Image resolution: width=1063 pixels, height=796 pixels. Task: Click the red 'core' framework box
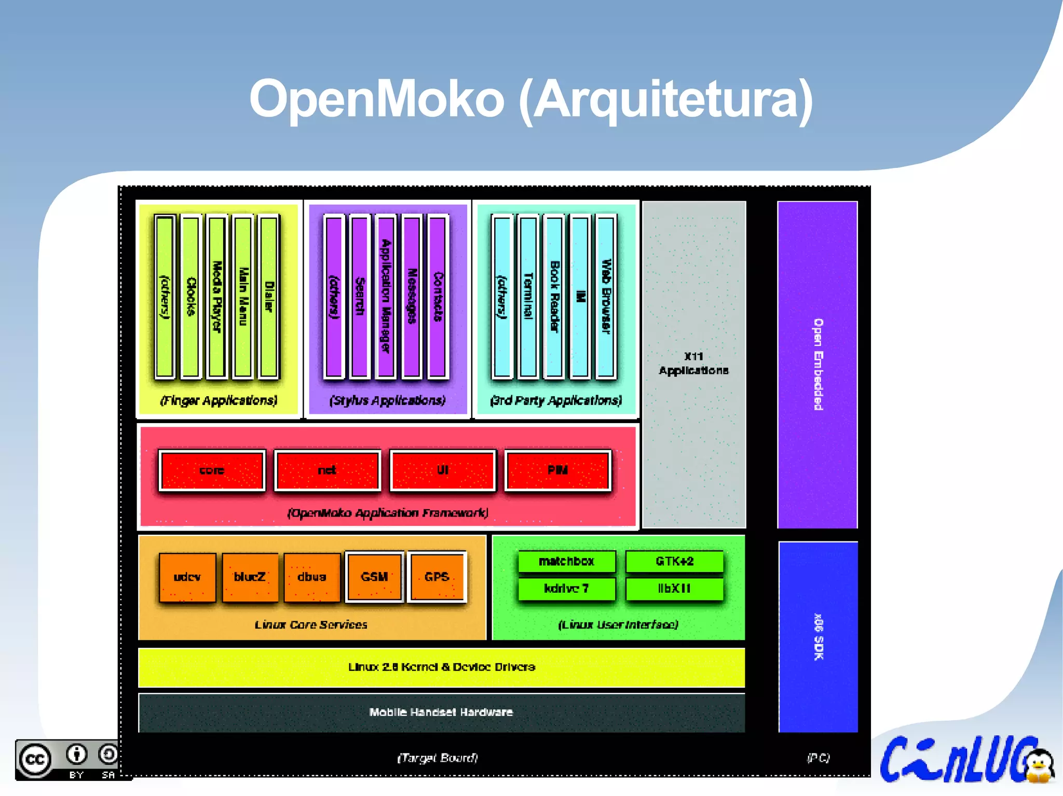coord(212,470)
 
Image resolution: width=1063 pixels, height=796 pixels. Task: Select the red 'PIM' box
coord(557,470)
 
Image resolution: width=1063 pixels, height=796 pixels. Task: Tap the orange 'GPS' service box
coord(437,577)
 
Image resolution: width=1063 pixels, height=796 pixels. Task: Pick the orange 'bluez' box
coord(250,577)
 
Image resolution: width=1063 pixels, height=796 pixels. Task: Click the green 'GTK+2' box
coord(674,561)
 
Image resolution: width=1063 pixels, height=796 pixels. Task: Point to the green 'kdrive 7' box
coord(566,589)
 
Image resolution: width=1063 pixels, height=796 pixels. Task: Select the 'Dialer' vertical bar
coord(269,297)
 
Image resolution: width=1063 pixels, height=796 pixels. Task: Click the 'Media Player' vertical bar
coord(217,297)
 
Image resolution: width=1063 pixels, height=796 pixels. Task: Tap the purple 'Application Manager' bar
coord(386,297)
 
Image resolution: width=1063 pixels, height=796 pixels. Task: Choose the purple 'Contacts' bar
coord(438,297)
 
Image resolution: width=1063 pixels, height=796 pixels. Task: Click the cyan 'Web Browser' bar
coord(606,297)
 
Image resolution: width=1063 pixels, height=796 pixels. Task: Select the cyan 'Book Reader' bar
coord(554,297)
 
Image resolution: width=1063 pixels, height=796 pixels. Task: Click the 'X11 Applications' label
coord(693,364)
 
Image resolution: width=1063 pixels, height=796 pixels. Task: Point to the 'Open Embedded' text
coord(818,364)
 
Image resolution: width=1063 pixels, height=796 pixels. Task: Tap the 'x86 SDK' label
coord(819,637)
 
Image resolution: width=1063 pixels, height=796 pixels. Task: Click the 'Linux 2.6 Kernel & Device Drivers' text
coord(441,667)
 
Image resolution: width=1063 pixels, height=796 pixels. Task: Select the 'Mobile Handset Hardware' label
coord(441,712)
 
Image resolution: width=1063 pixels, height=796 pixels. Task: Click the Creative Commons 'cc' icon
coord(35,760)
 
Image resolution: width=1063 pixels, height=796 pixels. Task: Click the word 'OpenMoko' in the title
coord(376,99)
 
